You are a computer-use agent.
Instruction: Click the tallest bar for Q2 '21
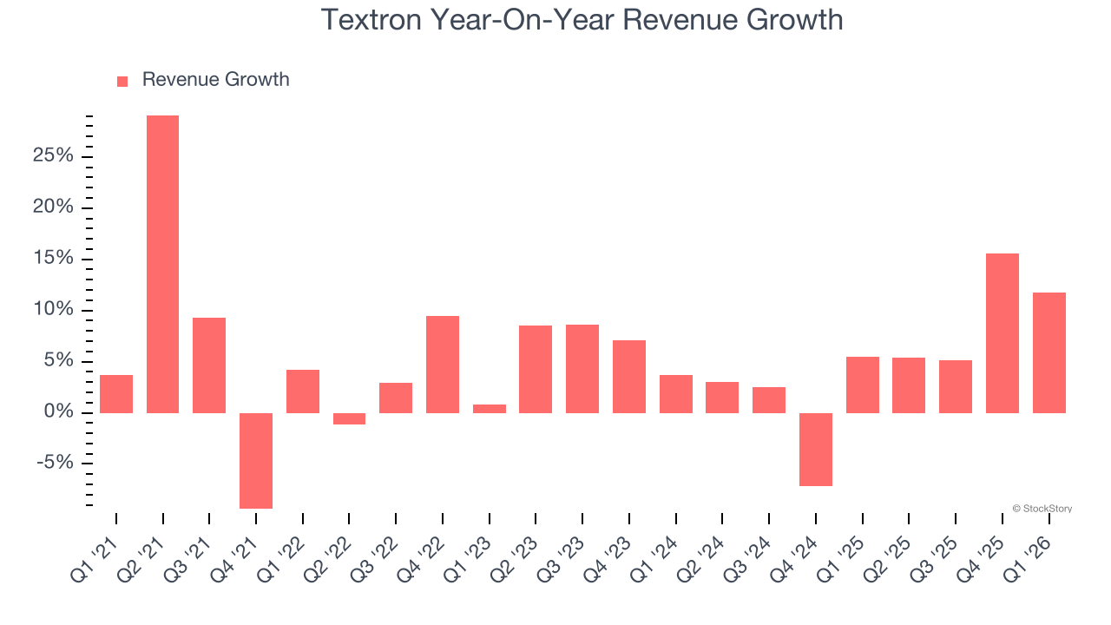(x=162, y=264)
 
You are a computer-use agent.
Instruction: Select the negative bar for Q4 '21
(x=256, y=460)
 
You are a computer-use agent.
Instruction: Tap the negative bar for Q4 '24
(x=816, y=449)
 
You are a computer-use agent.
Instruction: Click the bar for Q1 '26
(x=1049, y=352)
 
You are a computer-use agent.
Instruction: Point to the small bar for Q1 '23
(x=490, y=408)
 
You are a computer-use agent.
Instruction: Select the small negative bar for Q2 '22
(x=349, y=418)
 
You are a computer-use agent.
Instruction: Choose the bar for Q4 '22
(x=443, y=364)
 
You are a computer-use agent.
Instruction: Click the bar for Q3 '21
(x=209, y=365)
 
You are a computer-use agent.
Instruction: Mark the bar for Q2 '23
(x=536, y=369)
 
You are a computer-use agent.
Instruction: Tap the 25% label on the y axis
(x=55, y=156)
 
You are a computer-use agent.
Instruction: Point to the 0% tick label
(x=59, y=412)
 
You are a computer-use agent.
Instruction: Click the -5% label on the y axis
(x=55, y=463)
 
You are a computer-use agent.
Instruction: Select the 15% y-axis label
(x=55, y=259)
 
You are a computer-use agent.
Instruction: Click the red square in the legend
(x=122, y=81)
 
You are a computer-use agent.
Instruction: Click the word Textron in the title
(x=371, y=19)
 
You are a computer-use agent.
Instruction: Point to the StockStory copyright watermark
(x=1042, y=509)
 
